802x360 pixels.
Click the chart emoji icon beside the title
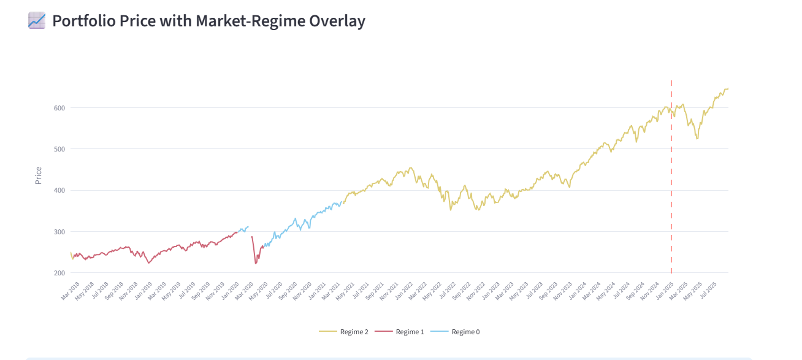pos(37,20)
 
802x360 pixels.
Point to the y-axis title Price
pos(39,175)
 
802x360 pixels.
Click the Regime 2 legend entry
pos(344,332)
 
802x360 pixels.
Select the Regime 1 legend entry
pos(400,332)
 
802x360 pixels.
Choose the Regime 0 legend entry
pos(456,332)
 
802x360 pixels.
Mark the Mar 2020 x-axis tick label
pos(246,290)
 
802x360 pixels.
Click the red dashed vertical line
pos(671,184)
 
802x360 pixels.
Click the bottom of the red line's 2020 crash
pos(256,264)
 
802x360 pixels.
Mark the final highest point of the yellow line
pos(727,89)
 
